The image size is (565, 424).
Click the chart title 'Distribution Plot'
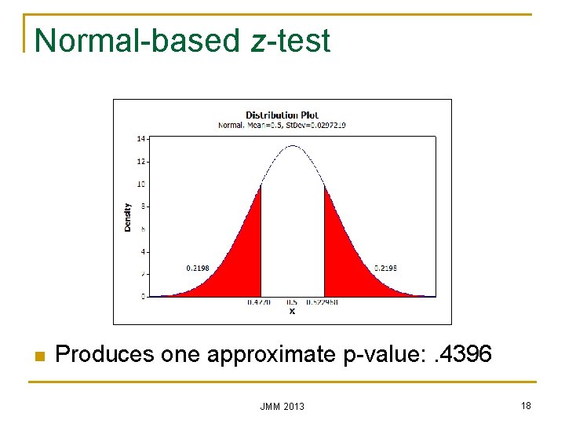coord(282,115)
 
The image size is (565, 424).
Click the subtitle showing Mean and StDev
coord(282,124)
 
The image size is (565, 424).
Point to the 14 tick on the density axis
coord(141,138)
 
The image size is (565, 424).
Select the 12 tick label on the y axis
coord(141,161)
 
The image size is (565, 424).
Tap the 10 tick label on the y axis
coord(141,184)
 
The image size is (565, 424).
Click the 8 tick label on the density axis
coord(143,207)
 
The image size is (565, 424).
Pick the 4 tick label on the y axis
coord(143,252)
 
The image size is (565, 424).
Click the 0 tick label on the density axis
coord(143,297)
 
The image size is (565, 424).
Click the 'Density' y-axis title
coord(128,217)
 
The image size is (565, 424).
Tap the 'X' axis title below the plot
coord(292,311)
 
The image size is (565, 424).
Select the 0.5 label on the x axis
coord(292,302)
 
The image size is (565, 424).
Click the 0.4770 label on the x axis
coord(259,302)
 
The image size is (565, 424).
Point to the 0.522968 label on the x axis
coord(323,302)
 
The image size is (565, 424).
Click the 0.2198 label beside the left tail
coord(198,268)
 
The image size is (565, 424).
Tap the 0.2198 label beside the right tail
coord(385,268)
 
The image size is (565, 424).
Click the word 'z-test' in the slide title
coord(291,41)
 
